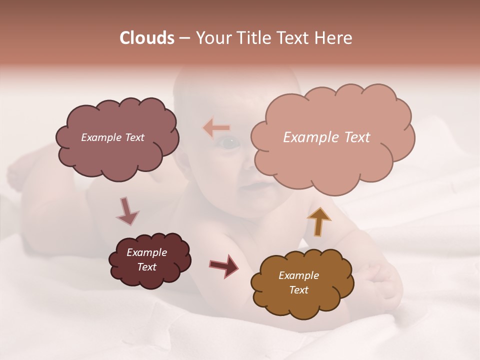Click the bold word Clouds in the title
click(x=146, y=38)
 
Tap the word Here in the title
click(x=334, y=38)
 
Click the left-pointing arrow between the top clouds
click(x=216, y=128)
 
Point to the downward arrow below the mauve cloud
click(x=127, y=211)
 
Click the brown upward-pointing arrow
click(x=319, y=221)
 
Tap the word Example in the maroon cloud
click(x=146, y=252)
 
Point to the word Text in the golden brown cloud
click(x=298, y=290)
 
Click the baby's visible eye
click(x=228, y=143)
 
